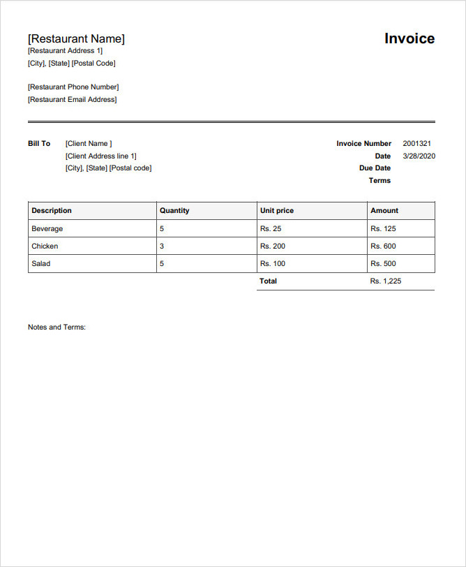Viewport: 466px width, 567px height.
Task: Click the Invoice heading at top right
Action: pyautogui.click(x=409, y=39)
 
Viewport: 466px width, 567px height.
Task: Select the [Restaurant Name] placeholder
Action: pyautogui.click(x=76, y=39)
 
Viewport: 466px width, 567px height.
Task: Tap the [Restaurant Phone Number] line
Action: pyautogui.click(x=73, y=87)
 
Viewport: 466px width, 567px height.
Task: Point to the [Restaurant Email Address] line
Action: pyautogui.click(x=72, y=100)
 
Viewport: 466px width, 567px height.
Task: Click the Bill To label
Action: pyautogui.click(x=39, y=144)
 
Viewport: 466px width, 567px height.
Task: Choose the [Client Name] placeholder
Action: pyautogui.click(x=89, y=144)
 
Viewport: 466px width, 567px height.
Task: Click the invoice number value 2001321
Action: pyautogui.click(x=417, y=144)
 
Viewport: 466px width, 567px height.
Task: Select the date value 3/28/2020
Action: pyautogui.click(x=419, y=156)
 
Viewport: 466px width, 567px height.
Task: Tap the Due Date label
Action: pyautogui.click(x=375, y=168)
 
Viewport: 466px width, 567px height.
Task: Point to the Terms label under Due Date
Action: pyautogui.click(x=379, y=181)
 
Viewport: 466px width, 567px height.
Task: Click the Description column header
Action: pyautogui.click(x=52, y=210)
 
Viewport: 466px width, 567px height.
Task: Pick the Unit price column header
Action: pyautogui.click(x=277, y=210)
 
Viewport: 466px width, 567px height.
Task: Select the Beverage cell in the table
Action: pyautogui.click(x=47, y=228)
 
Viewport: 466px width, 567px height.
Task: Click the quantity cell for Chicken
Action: pyautogui.click(x=163, y=246)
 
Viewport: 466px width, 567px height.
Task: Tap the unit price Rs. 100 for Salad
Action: pyautogui.click(x=273, y=263)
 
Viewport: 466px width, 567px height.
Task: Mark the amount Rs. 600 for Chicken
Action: pyautogui.click(x=383, y=246)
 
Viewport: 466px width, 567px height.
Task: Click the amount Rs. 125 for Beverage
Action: pyautogui.click(x=383, y=228)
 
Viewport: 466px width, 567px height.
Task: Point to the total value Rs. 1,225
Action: pyautogui.click(x=386, y=281)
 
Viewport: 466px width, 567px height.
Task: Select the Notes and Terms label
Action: pyautogui.click(x=57, y=327)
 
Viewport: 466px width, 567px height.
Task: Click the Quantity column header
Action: pyautogui.click(x=174, y=210)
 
